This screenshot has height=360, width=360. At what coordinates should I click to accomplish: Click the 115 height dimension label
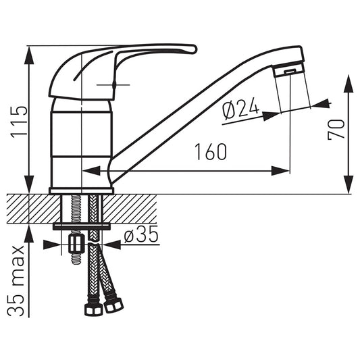(x=20, y=122)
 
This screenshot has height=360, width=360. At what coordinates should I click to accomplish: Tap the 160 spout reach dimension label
(x=211, y=152)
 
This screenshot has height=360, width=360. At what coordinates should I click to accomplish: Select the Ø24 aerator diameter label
(x=240, y=108)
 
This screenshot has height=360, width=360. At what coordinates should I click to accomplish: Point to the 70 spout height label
(x=336, y=130)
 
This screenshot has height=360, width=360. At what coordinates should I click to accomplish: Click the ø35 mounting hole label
(x=141, y=235)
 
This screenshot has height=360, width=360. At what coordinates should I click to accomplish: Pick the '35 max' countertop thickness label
(x=16, y=281)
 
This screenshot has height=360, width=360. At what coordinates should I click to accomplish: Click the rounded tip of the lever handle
(x=194, y=49)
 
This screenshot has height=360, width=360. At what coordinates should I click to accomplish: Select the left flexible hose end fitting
(x=93, y=310)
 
